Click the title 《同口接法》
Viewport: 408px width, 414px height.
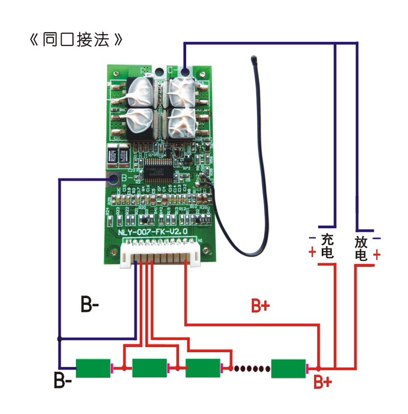(77, 40)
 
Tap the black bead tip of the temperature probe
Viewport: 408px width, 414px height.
(254, 58)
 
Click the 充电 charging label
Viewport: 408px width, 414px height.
(327, 246)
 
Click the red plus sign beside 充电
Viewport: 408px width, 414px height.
(312, 253)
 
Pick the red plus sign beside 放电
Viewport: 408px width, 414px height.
(377, 255)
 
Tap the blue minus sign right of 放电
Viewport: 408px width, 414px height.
(377, 239)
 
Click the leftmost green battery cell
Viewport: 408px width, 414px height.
(94, 368)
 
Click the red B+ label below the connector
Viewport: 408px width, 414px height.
(260, 306)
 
